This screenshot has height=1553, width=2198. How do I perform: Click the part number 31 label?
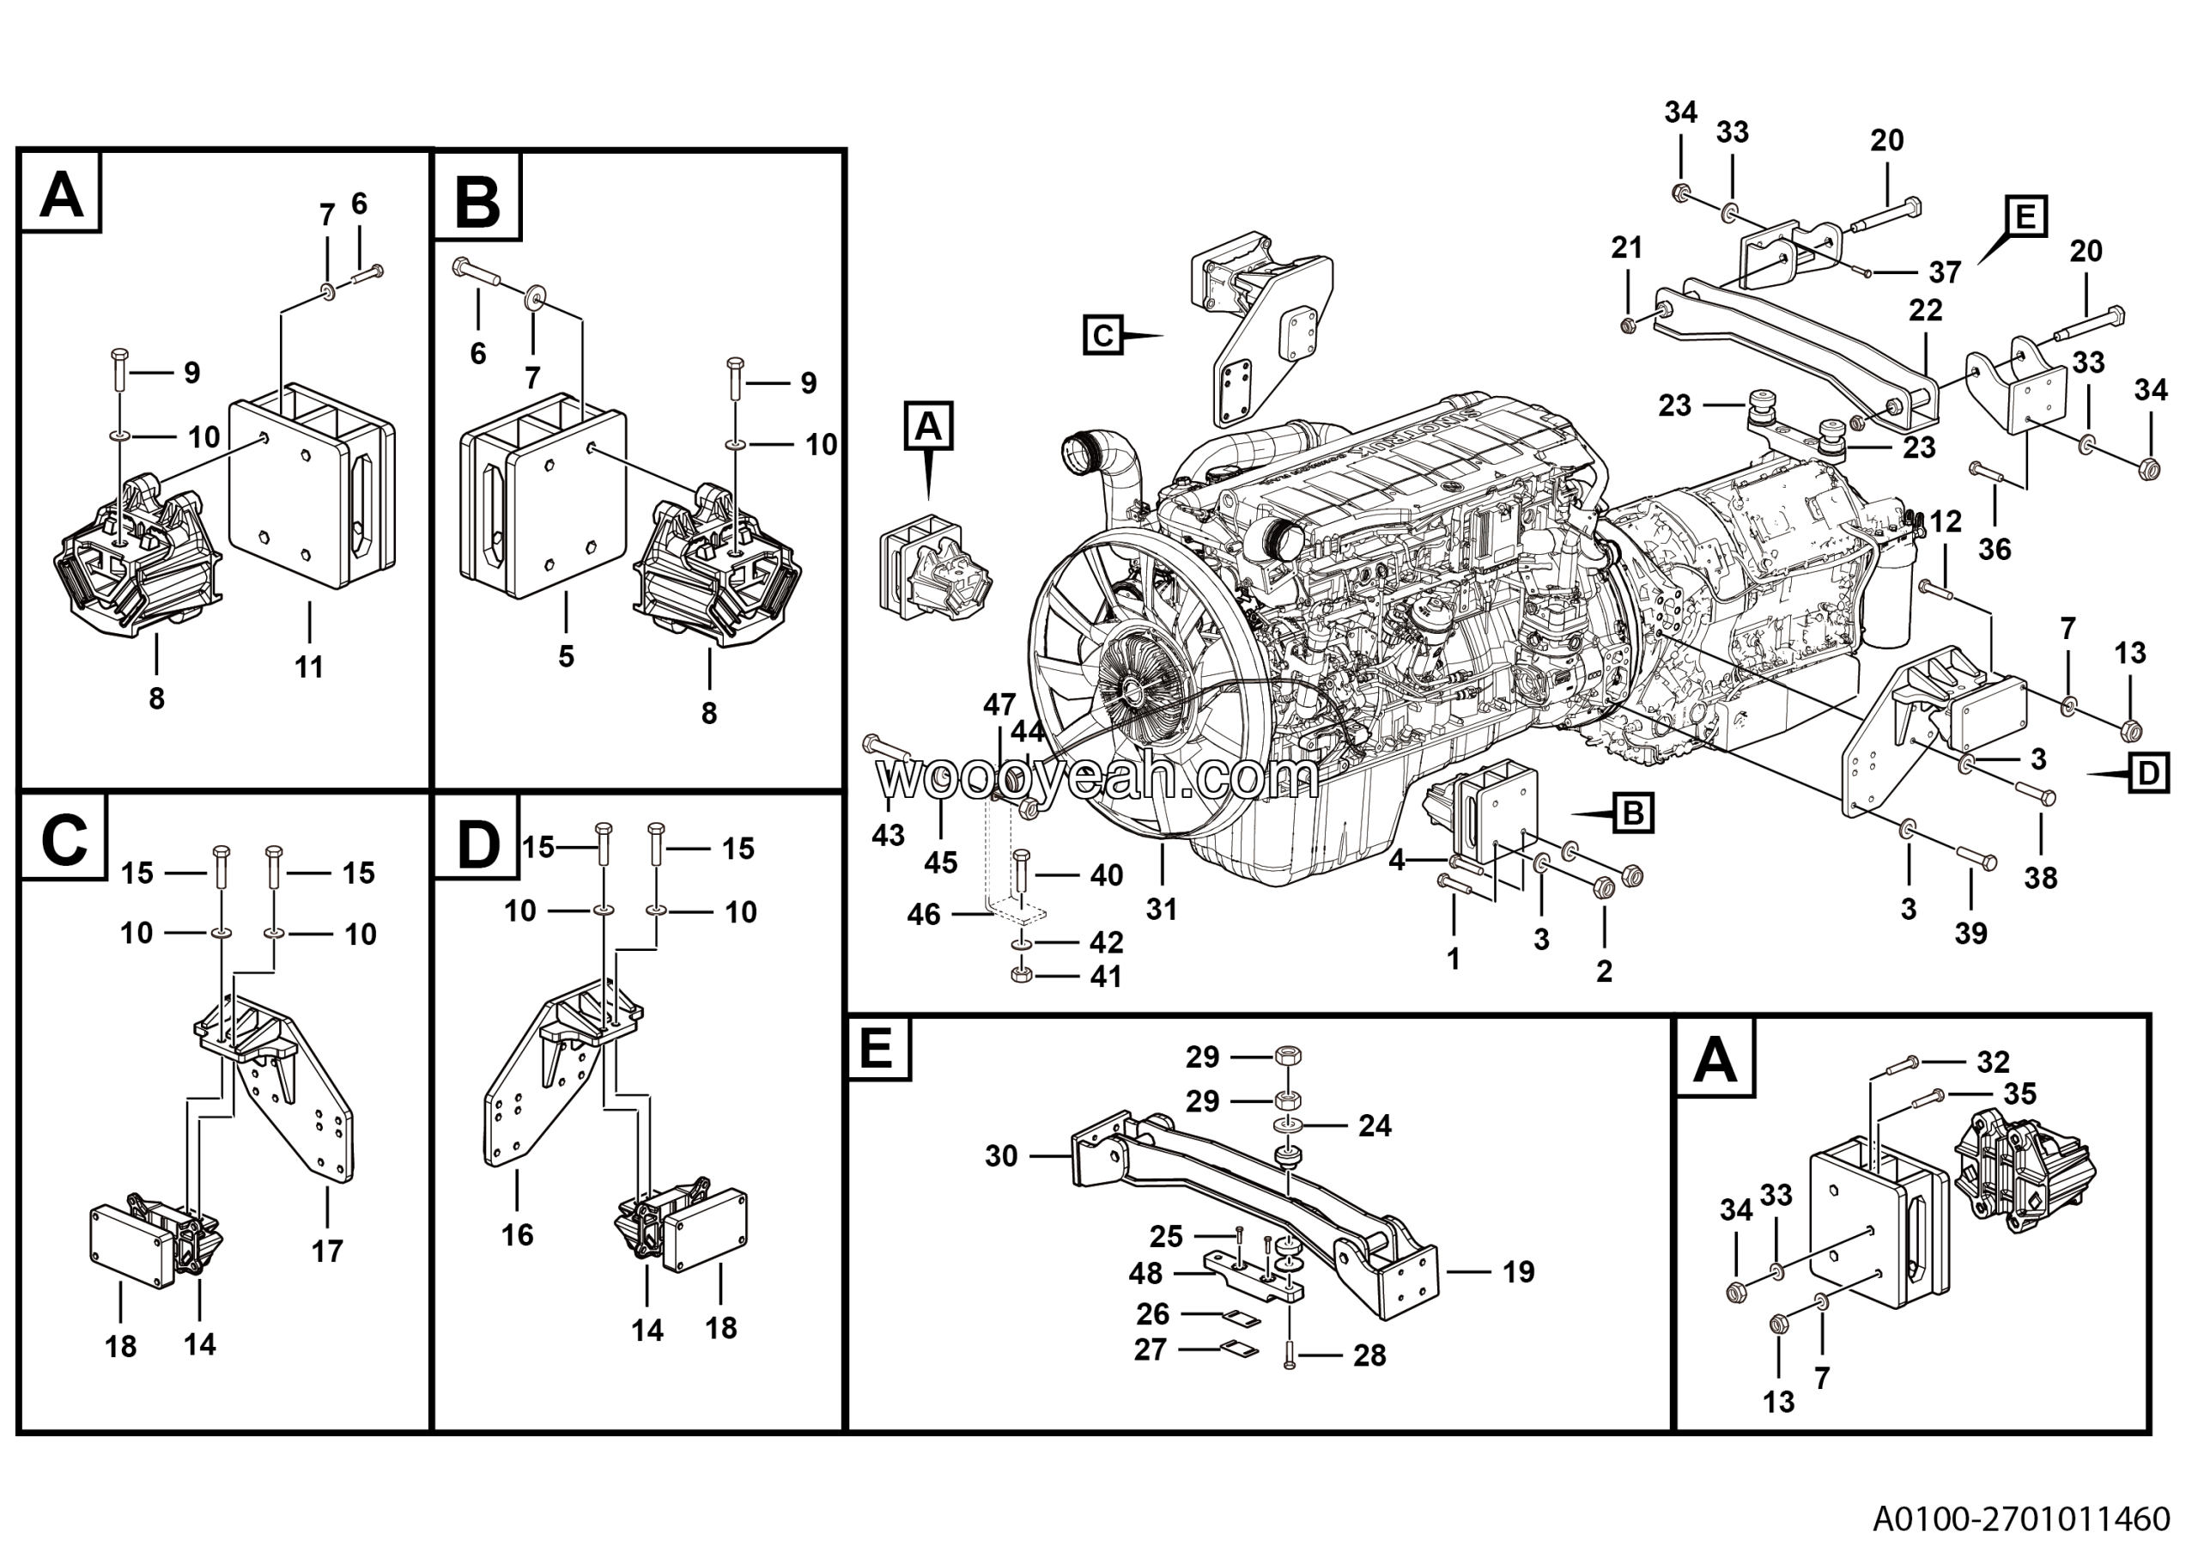pos(1161,909)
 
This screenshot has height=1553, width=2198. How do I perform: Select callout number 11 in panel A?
pos(308,667)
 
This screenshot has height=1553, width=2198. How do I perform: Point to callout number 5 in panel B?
pos(566,656)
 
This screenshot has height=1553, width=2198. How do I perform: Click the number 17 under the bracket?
pos(326,1251)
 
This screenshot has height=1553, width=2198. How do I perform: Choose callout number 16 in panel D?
pos(517,1234)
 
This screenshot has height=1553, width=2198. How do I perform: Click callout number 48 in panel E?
pos(1145,1274)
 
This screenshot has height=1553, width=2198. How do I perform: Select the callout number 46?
pos(924,915)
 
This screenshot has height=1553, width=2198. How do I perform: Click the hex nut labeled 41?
pos(1019,976)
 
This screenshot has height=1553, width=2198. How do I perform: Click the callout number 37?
pos(1945,273)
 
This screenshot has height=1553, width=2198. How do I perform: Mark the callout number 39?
pos(1970,933)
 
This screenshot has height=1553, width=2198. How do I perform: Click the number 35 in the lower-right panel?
pos(2020,1093)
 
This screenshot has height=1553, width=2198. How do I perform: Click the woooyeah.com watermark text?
pos(1097,778)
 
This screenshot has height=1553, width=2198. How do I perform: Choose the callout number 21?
pos(1626,248)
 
